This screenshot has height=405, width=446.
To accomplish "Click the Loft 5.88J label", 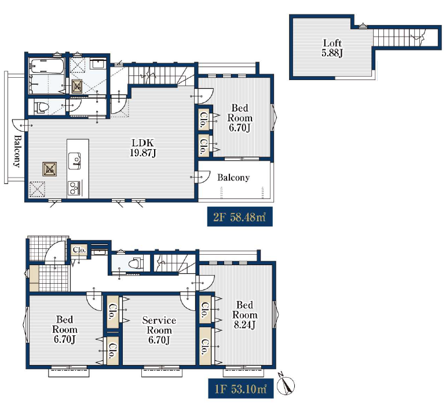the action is click(x=332, y=48).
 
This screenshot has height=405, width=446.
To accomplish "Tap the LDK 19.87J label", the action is click(x=143, y=148).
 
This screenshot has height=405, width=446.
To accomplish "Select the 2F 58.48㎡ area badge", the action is click(x=240, y=217).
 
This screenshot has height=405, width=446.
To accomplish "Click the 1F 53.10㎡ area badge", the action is click(x=240, y=388).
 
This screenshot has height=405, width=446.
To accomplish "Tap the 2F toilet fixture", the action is click(x=41, y=107).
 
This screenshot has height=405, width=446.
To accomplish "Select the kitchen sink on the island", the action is click(x=74, y=161).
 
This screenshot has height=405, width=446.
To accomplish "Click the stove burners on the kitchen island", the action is click(x=74, y=188).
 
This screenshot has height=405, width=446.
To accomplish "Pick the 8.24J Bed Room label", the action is click(x=244, y=314).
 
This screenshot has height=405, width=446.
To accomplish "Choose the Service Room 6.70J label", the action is click(x=159, y=330).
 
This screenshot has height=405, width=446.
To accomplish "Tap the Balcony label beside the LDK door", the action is click(x=233, y=178).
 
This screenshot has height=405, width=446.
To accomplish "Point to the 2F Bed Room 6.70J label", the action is click(x=240, y=118).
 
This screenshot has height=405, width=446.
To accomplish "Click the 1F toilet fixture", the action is click(x=135, y=263).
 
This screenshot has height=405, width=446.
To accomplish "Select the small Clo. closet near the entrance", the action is click(x=79, y=250).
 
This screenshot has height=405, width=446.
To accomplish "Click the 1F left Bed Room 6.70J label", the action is click(x=64, y=330).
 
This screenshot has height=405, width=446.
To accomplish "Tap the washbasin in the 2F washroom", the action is click(x=98, y=63).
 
